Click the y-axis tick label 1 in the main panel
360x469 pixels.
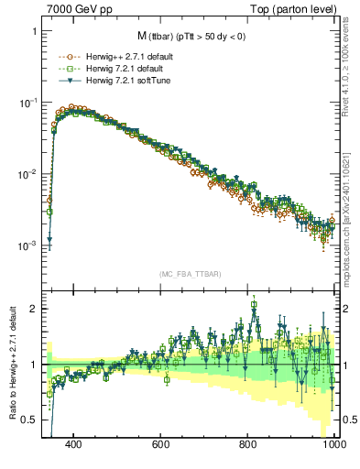click(x=34, y=32)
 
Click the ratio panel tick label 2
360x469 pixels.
click(x=34, y=309)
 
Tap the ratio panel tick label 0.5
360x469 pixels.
click(x=29, y=420)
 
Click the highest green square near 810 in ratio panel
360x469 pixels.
click(x=254, y=306)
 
